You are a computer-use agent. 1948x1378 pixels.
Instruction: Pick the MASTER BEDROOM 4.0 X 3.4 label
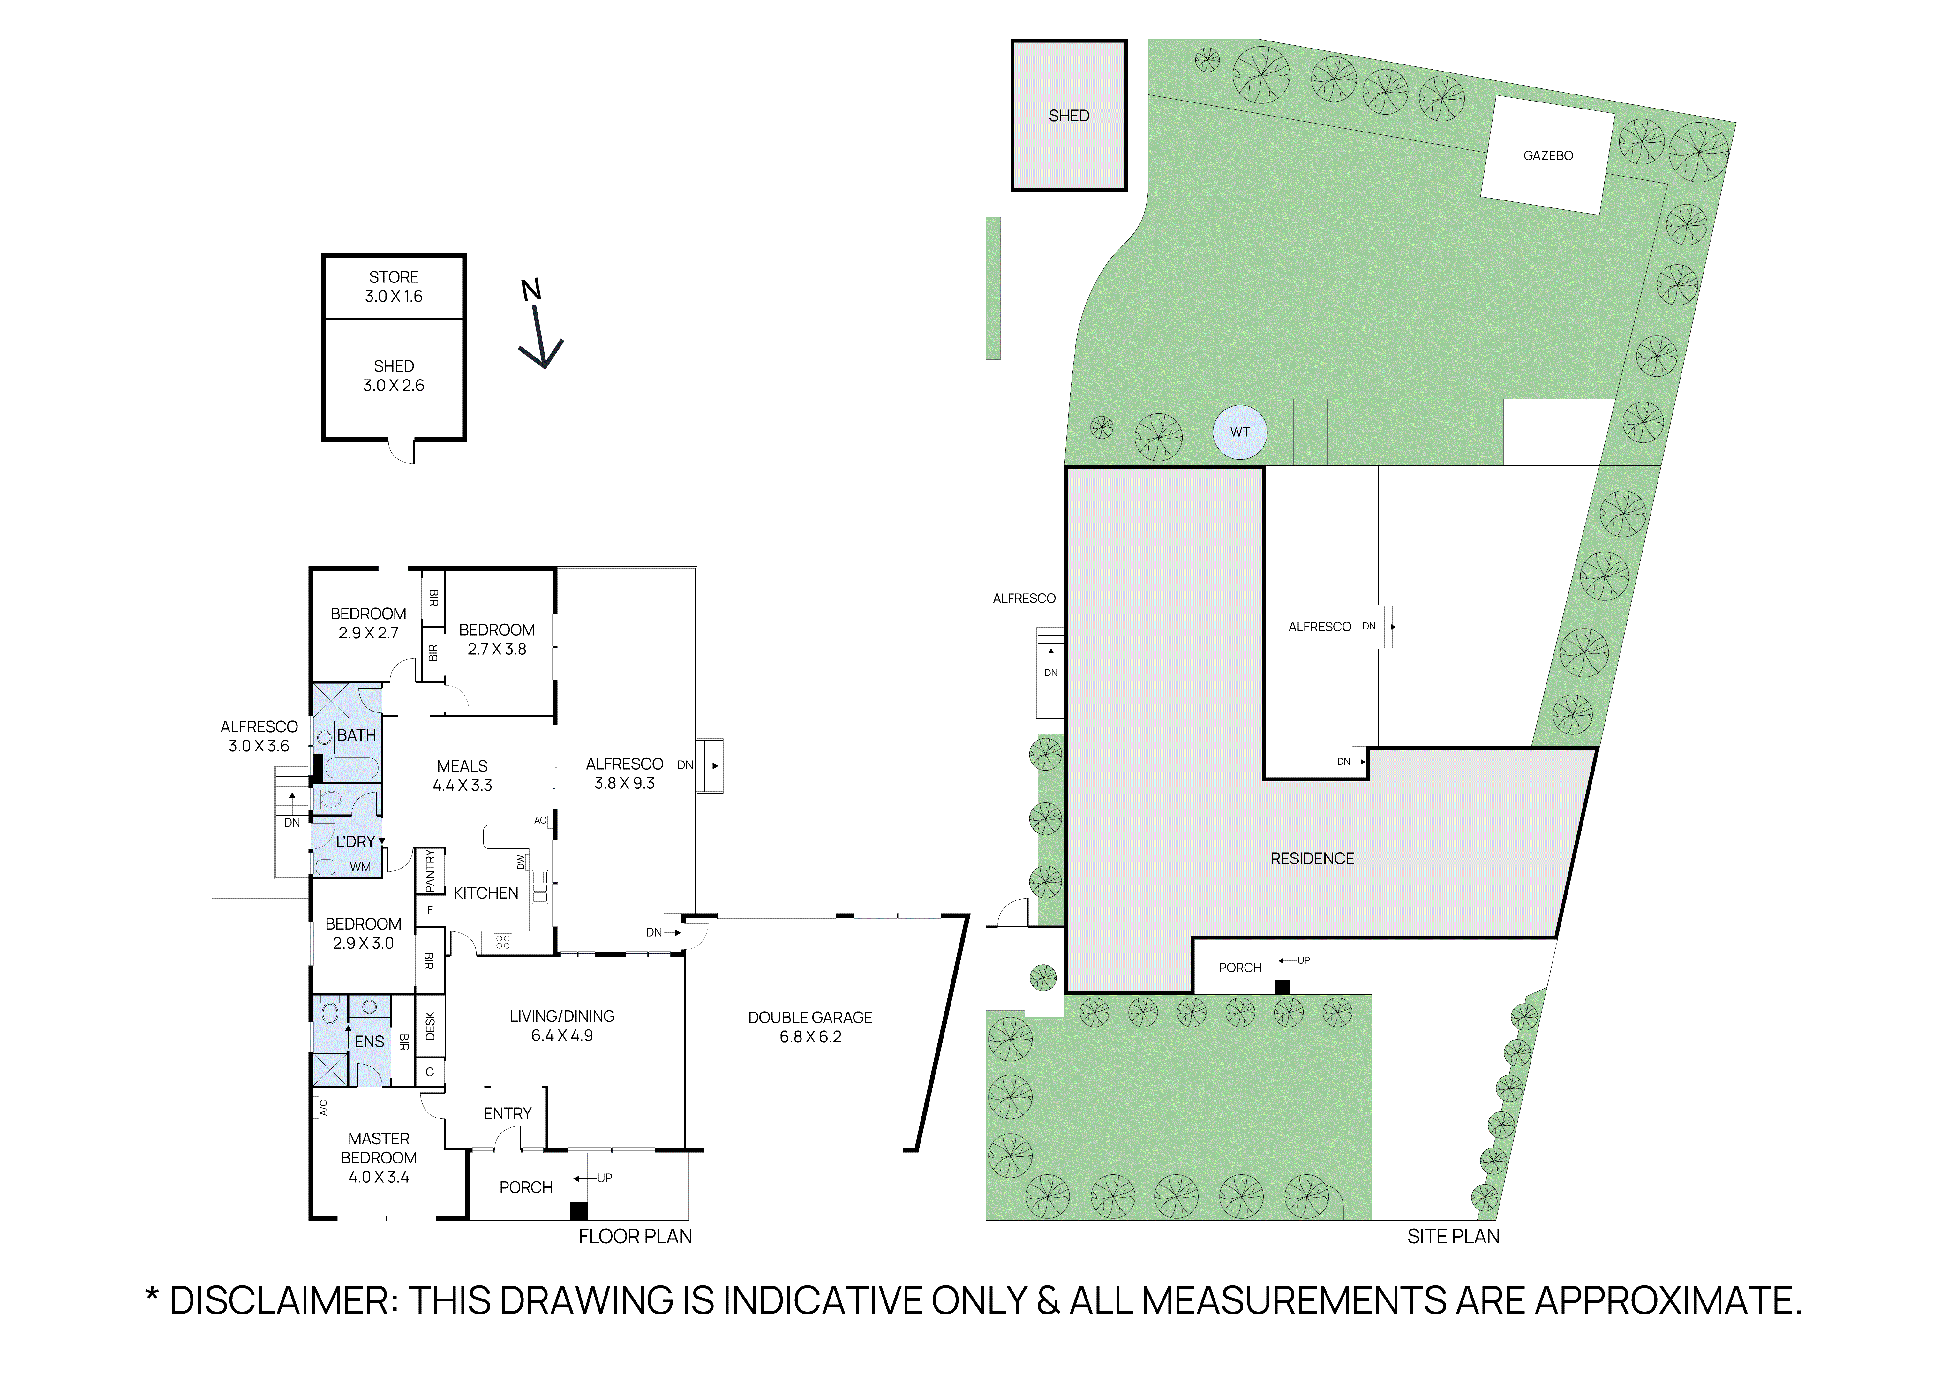pos(379,1157)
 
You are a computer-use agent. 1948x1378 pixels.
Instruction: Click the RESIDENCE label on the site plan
pos(1312,859)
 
